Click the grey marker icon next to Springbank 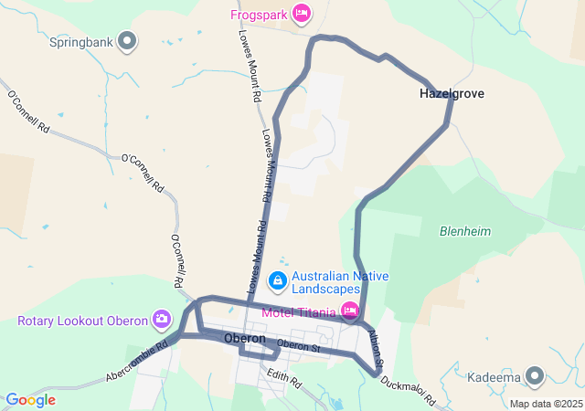coord(128,40)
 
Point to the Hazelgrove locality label coord(452,94)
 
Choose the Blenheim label coord(465,231)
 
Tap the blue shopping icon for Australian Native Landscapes coord(278,279)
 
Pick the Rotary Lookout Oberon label coord(82,321)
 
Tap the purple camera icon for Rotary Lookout coord(162,319)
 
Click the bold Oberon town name coord(244,339)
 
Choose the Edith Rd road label coord(283,377)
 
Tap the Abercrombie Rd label coord(137,362)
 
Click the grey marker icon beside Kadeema coord(535,375)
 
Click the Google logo coord(30,400)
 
